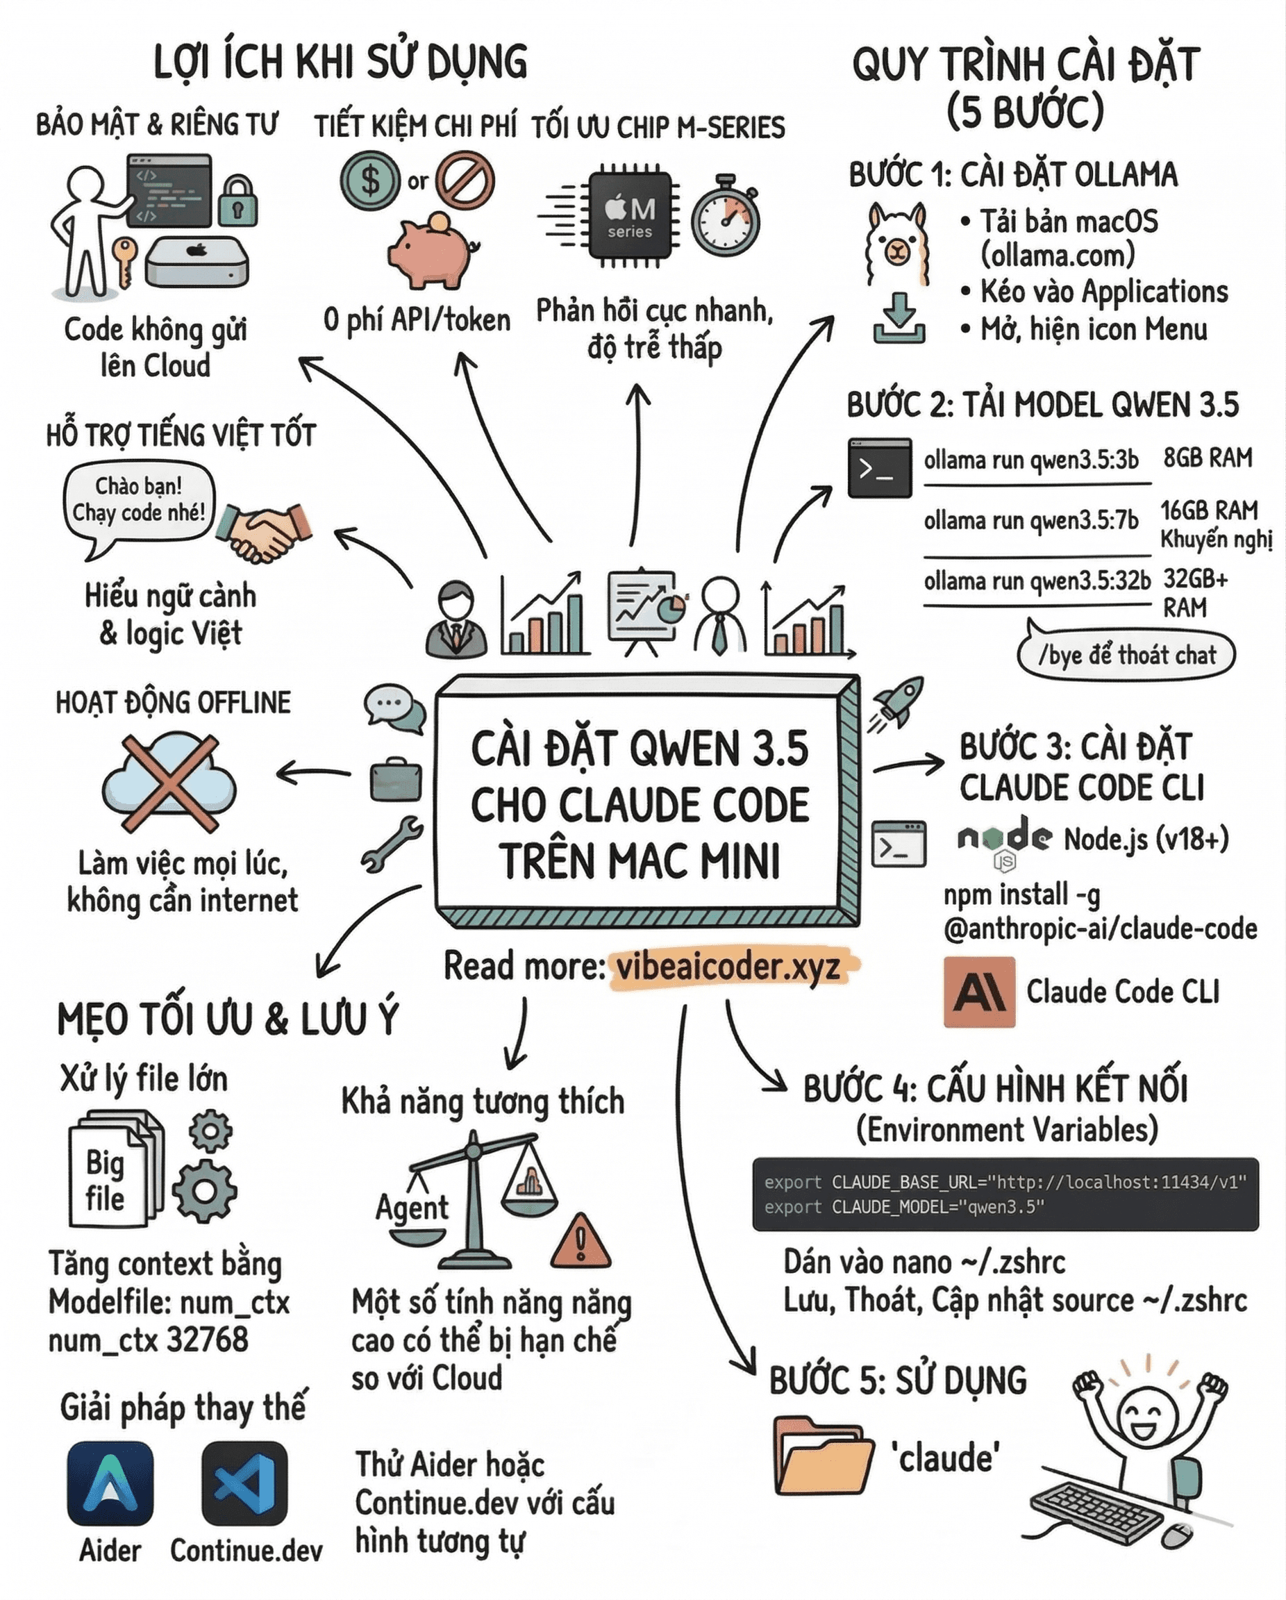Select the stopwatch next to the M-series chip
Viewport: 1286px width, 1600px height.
pos(726,217)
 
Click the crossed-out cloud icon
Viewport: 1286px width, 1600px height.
pos(170,783)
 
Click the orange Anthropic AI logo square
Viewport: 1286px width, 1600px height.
pos(979,992)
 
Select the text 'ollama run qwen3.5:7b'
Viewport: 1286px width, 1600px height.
pos(1030,520)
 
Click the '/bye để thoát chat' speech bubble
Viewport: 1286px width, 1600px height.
pos(1126,656)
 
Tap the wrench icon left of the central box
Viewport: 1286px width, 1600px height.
pos(392,844)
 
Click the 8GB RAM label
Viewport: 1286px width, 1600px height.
pos(1208,458)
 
